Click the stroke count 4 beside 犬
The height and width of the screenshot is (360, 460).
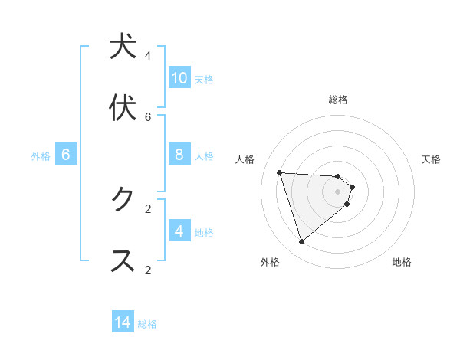[x=148, y=55]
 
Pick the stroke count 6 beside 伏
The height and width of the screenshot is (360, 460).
[x=148, y=116]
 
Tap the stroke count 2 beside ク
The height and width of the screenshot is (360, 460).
[x=148, y=208]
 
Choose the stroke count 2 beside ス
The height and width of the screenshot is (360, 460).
[x=148, y=270]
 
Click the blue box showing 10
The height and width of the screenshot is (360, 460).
[x=179, y=78]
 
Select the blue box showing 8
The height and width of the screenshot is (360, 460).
[x=179, y=155]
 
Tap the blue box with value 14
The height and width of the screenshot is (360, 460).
[x=123, y=323]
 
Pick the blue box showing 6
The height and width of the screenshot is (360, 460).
[x=66, y=155]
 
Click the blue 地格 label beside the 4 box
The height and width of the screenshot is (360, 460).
[x=204, y=233]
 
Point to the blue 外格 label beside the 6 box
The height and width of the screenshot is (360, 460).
[x=41, y=156]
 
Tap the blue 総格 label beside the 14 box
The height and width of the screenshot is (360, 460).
[x=147, y=324]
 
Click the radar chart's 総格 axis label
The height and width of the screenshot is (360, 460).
[x=337, y=100]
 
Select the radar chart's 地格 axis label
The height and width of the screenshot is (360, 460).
[x=402, y=262]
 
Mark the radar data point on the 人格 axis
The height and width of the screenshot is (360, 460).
[x=279, y=172]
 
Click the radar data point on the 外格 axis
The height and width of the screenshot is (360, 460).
[x=301, y=241]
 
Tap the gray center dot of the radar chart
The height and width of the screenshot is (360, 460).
[x=337, y=191]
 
